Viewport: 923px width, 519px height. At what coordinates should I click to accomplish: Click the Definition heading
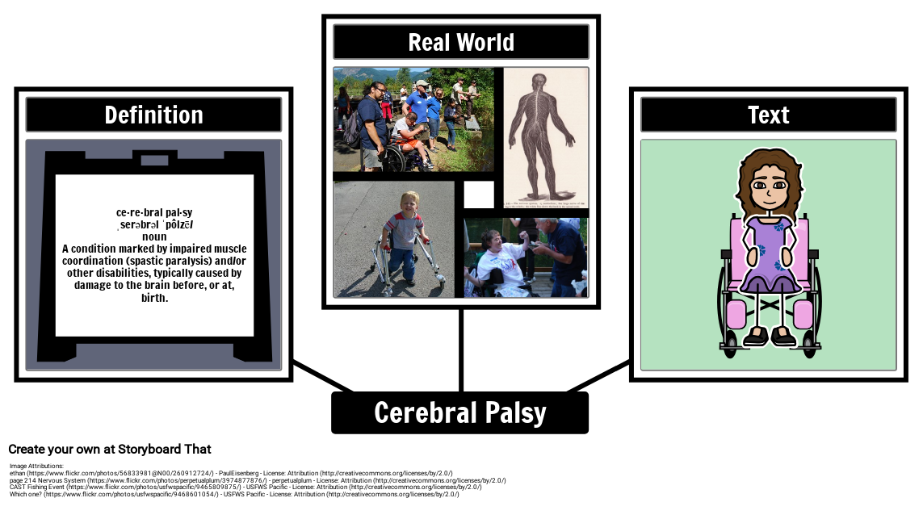tap(153, 115)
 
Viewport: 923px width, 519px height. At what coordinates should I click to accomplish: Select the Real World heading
tap(461, 42)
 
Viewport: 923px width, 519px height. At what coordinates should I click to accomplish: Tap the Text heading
tap(768, 115)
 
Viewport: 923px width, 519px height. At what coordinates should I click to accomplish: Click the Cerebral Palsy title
tap(460, 412)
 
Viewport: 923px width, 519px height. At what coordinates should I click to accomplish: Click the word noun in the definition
tap(154, 236)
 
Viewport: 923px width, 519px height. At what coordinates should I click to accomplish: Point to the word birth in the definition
tap(153, 297)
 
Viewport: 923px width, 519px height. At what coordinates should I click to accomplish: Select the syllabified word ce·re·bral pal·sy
tap(154, 212)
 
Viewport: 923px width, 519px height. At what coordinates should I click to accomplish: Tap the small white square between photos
tap(479, 195)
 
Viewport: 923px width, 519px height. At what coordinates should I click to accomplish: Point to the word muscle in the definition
tap(225, 249)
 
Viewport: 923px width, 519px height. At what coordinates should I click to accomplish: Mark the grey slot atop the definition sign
tap(154, 160)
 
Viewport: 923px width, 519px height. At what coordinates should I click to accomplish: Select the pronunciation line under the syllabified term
tap(154, 224)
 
